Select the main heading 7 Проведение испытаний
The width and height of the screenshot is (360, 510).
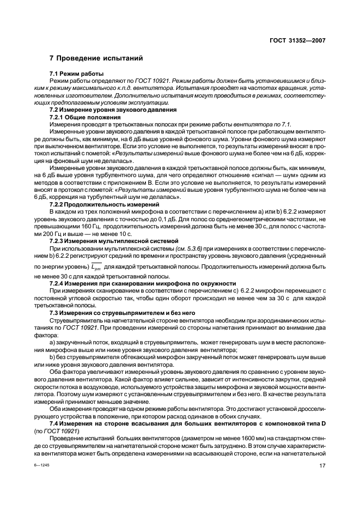96,58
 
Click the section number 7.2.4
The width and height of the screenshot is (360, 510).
58,283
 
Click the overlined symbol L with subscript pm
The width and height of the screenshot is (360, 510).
96,266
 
